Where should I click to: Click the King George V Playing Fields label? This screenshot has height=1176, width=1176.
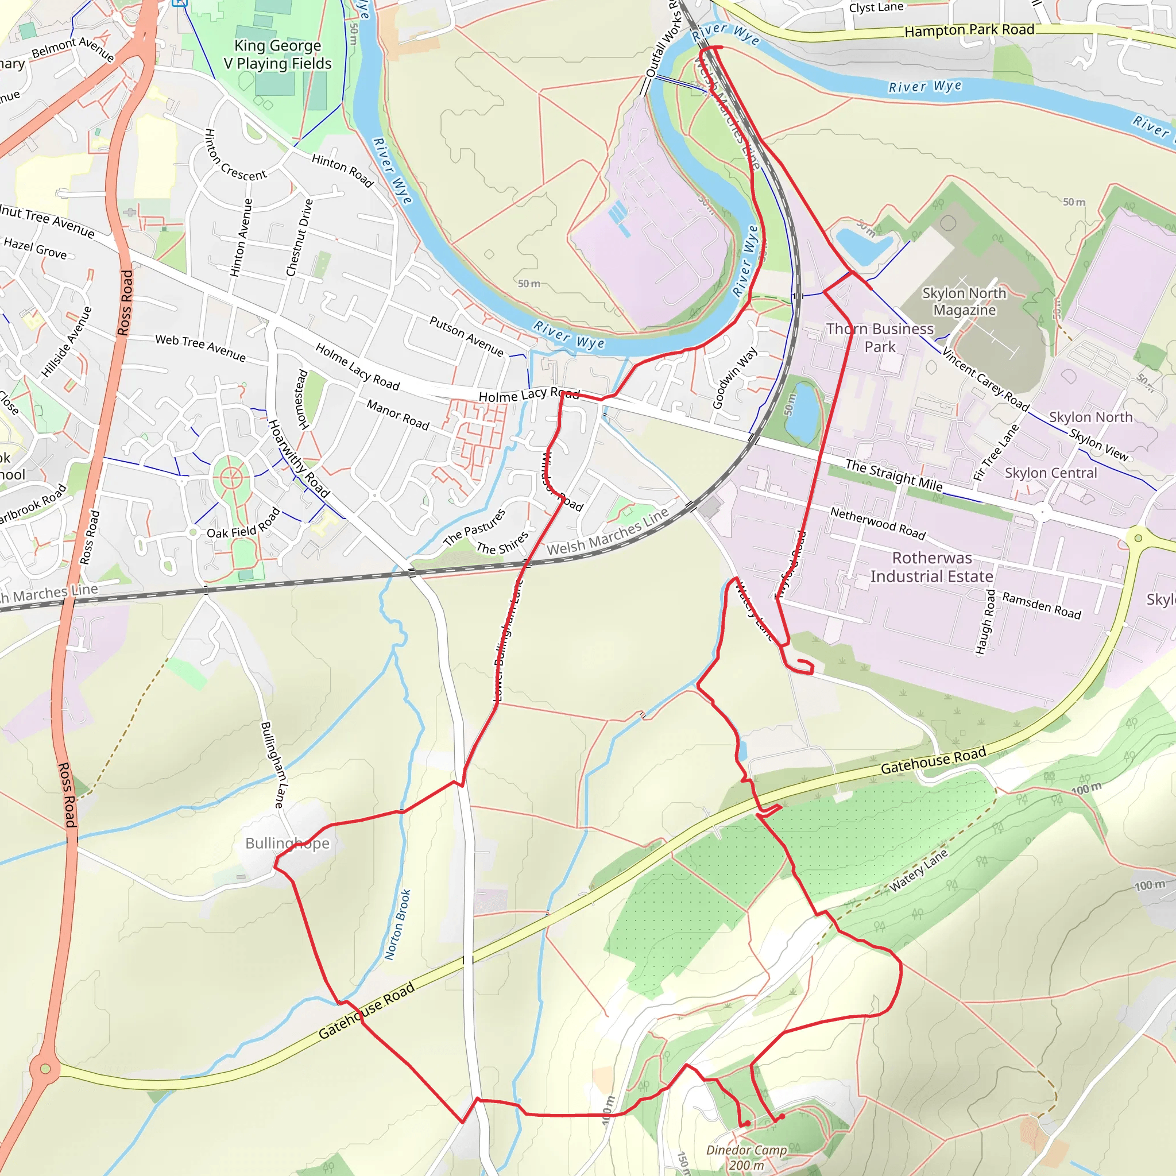277,55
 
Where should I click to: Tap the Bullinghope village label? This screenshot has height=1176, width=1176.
287,843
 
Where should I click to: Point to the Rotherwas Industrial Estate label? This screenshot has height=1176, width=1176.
931,567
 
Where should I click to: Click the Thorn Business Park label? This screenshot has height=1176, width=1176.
880,337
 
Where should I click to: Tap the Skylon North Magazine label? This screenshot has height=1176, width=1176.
964,301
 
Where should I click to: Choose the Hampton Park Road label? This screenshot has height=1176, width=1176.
969,30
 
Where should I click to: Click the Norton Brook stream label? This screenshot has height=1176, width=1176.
397,924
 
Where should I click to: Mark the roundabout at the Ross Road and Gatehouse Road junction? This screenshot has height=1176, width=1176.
45,1068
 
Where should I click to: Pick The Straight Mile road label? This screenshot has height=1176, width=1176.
893,475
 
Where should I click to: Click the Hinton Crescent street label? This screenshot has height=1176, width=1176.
235,156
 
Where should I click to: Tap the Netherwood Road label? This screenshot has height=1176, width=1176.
878,523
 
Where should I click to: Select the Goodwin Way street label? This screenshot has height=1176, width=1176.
734,377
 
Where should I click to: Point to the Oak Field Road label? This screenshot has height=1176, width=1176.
243,524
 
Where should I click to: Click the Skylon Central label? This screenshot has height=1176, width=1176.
1051,473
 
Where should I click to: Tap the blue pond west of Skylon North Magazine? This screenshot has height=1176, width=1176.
863,244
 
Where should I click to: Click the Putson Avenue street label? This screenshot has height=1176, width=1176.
467,336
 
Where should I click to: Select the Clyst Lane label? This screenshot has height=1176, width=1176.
876,7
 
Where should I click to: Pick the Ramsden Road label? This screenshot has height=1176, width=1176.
1042,606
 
